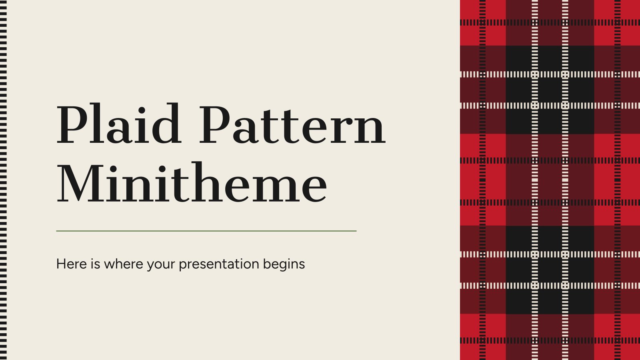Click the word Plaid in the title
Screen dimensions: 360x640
(119, 125)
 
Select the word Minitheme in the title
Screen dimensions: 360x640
(192, 183)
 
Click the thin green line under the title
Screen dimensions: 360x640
(206, 231)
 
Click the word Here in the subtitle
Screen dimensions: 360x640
(70, 264)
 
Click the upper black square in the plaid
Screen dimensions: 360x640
(550, 90)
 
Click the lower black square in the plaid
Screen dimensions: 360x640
(550, 270)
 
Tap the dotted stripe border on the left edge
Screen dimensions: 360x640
(3, 180)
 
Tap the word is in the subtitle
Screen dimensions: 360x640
(95, 264)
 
